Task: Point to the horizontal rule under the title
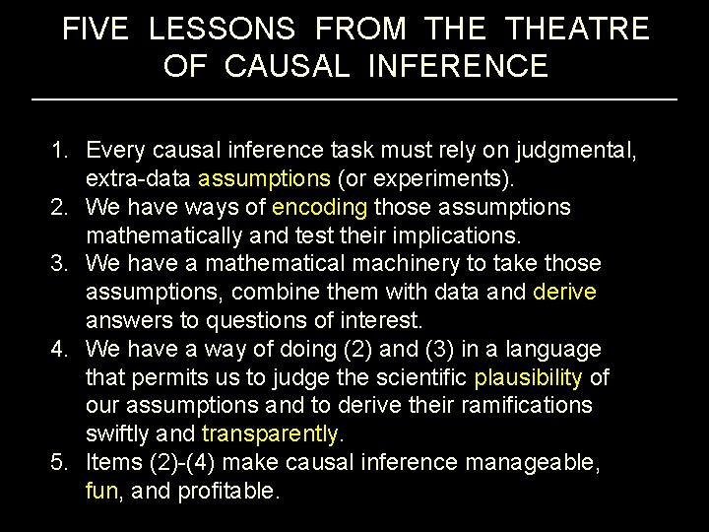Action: (354, 100)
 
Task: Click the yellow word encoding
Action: (319, 208)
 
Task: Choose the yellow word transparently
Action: (270, 434)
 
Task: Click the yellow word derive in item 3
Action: (564, 293)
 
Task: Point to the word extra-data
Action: (138, 179)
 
